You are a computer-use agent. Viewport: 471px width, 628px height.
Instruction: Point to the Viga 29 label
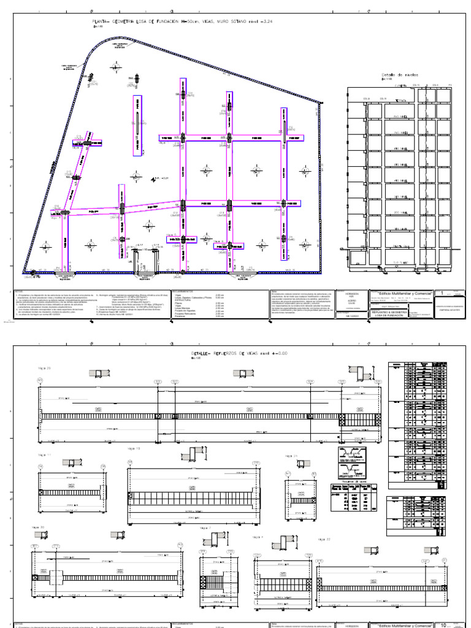(45, 368)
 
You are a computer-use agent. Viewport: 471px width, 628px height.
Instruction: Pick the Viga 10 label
(134, 448)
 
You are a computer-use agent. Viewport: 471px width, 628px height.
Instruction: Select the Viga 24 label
(291, 456)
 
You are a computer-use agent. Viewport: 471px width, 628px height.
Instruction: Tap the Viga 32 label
(37, 527)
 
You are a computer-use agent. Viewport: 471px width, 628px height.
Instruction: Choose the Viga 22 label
(324, 538)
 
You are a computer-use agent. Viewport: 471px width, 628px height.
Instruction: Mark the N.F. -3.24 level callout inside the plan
(161, 178)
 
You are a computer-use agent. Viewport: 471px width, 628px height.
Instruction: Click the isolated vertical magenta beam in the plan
(137, 118)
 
